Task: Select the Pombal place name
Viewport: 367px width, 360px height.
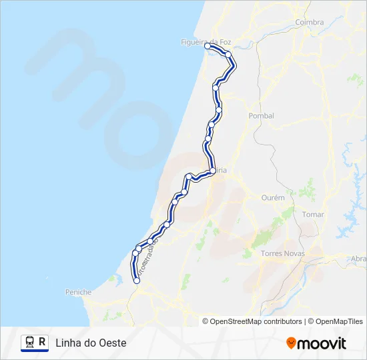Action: coord(261,115)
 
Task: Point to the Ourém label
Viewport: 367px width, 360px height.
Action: coord(273,197)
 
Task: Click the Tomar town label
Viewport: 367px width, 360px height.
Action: coord(312,215)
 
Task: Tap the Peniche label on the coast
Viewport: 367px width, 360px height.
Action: coord(78,292)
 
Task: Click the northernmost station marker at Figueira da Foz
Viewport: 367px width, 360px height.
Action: coord(208,47)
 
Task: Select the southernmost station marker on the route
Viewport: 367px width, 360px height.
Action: coord(137,281)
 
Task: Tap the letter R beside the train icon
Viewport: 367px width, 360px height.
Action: coord(43,342)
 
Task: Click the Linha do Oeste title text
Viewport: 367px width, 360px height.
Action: coord(91,343)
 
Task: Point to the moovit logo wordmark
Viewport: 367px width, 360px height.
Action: coord(322,343)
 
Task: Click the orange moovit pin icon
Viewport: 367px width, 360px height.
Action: coord(291,343)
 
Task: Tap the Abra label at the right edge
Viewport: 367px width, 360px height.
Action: coord(358,259)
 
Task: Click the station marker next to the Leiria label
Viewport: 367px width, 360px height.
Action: coord(212,171)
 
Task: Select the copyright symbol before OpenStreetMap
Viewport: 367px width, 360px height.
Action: coord(206,321)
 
